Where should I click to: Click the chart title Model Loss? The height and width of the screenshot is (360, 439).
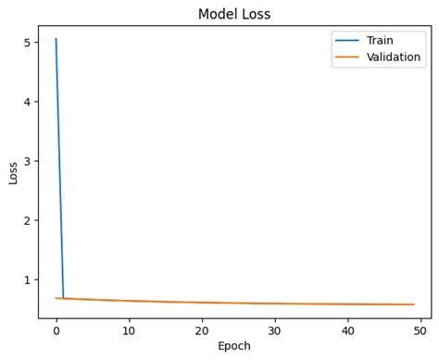click(234, 14)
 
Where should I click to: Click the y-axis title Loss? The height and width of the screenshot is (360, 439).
click(13, 172)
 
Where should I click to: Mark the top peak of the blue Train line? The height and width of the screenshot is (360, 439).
click(56, 39)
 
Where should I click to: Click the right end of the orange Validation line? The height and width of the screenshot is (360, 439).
click(413, 304)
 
